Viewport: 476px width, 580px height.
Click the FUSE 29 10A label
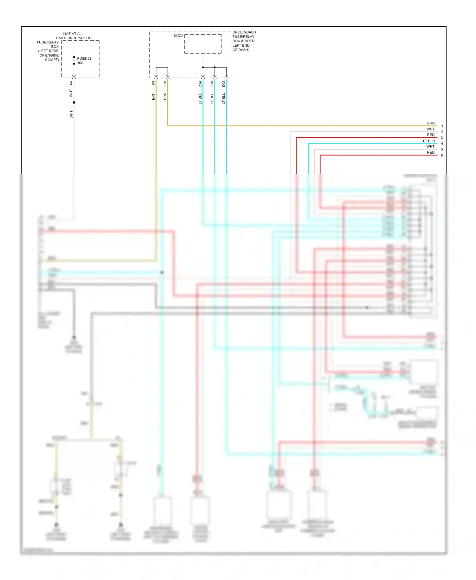(x=84, y=61)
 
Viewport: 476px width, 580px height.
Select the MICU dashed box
(x=203, y=44)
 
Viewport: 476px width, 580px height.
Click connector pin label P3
(x=153, y=83)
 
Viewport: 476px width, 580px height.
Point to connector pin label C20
(x=165, y=84)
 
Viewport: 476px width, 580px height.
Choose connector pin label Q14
(x=200, y=84)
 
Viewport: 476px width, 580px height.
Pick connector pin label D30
(x=212, y=84)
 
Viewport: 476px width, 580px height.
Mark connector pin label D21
(x=224, y=84)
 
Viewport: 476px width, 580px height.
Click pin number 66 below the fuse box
(x=71, y=83)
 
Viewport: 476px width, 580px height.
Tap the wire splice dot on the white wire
(x=74, y=102)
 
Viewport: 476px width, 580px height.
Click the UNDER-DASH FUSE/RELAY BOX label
(x=244, y=41)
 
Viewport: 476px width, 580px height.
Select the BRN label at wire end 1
(x=431, y=123)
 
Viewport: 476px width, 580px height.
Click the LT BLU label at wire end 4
(x=428, y=141)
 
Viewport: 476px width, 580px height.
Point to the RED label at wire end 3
(x=431, y=135)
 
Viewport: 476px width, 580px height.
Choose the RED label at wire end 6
(x=431, y=153)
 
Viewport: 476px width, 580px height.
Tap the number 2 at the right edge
(x=442, y=132)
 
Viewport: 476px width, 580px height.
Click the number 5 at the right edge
(x=442, y=149)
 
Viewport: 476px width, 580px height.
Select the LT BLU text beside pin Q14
(x=200, y=98)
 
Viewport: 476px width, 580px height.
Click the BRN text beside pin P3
(x=153, y=96)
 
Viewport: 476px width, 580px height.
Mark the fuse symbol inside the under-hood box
(x=74, y=60)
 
